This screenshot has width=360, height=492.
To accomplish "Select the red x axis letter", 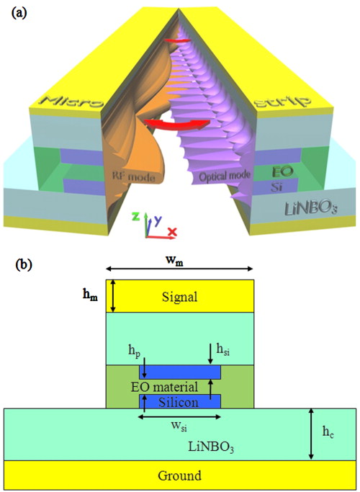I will click(172, 231).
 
